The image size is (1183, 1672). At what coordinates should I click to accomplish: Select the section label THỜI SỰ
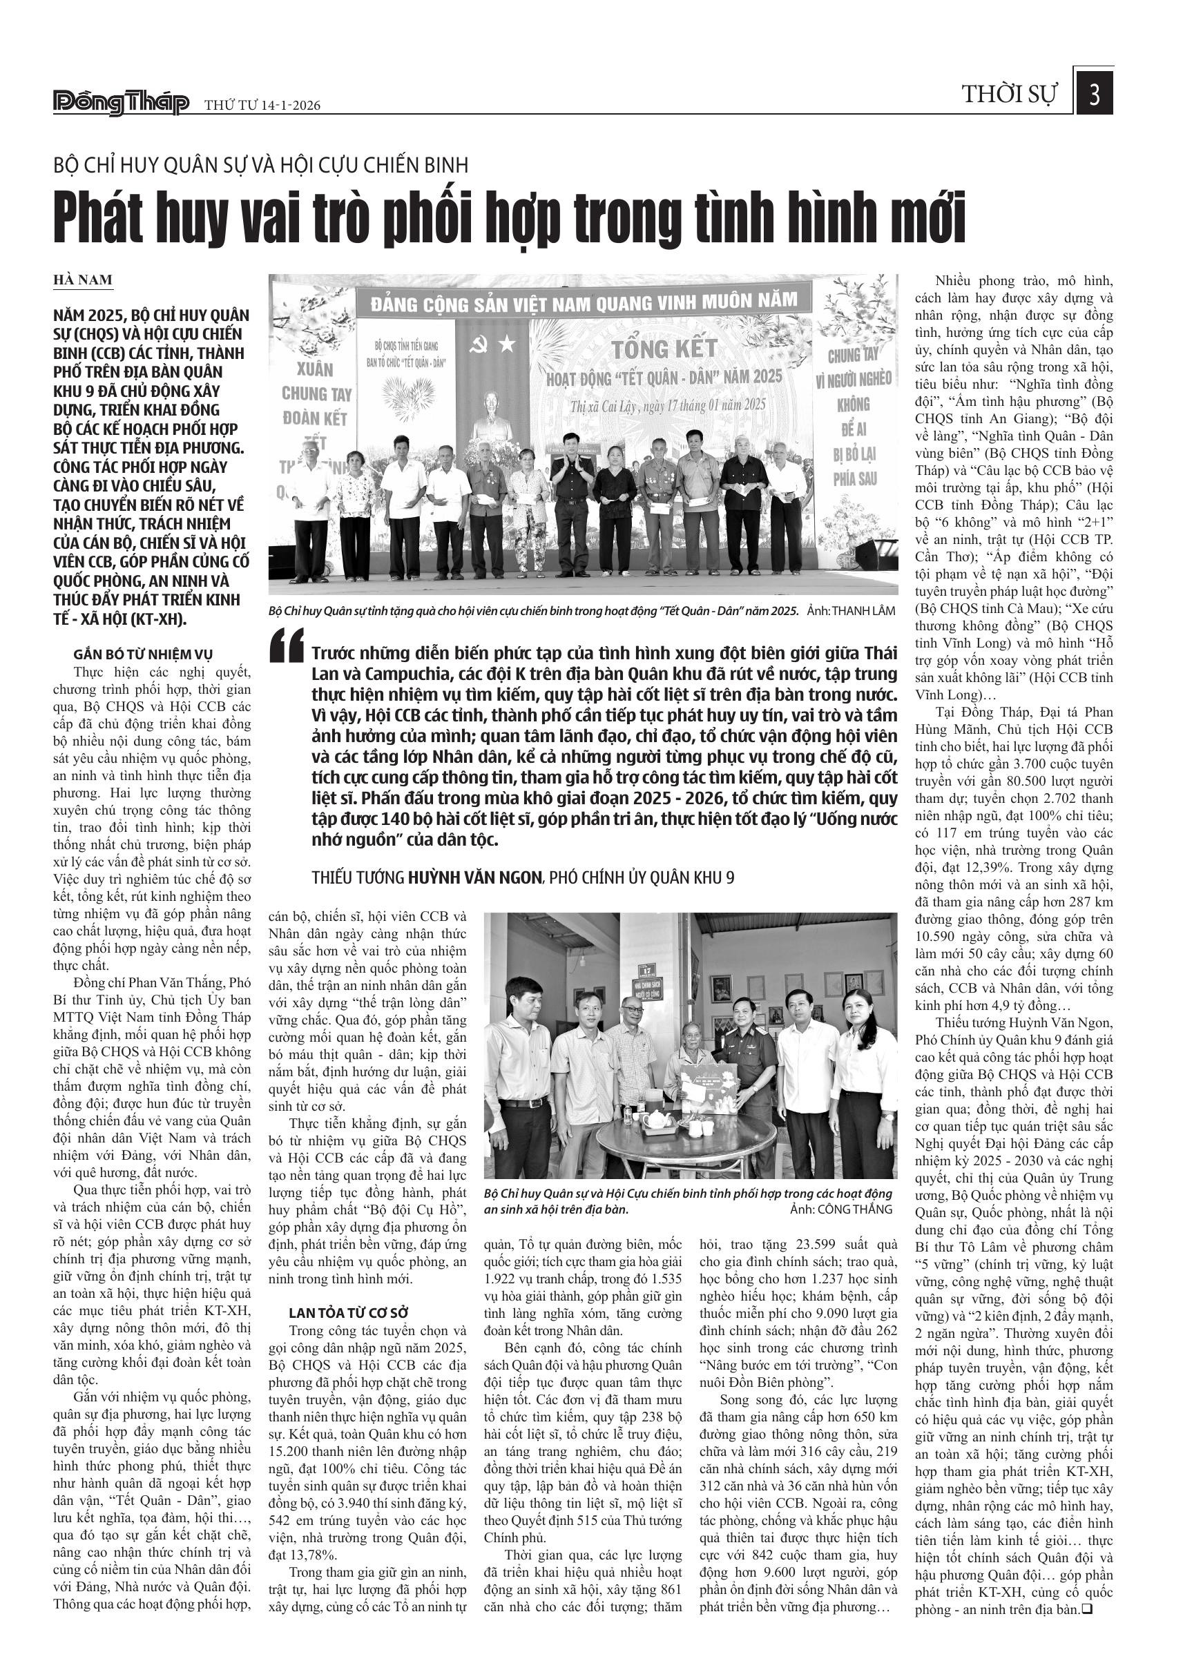[x=1009, y=95]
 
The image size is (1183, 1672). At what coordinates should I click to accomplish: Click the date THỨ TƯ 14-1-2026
[x=262, y=106]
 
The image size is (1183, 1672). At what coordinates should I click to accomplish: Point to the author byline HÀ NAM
[x=83, y=280]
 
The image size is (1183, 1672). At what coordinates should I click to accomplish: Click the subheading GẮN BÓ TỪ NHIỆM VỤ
[x=143, y=654]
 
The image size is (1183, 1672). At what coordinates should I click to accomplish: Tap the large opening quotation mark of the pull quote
[x=285, y=645]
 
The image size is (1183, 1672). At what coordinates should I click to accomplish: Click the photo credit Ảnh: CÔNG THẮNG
[x=840, y=1209]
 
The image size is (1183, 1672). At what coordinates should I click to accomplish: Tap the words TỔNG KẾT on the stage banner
[x=664, y=349]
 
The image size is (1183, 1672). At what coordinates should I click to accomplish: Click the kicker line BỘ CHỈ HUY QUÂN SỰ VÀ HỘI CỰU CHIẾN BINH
[x=261, y=165]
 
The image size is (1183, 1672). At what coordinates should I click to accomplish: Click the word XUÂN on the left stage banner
[x=315, y=367]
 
